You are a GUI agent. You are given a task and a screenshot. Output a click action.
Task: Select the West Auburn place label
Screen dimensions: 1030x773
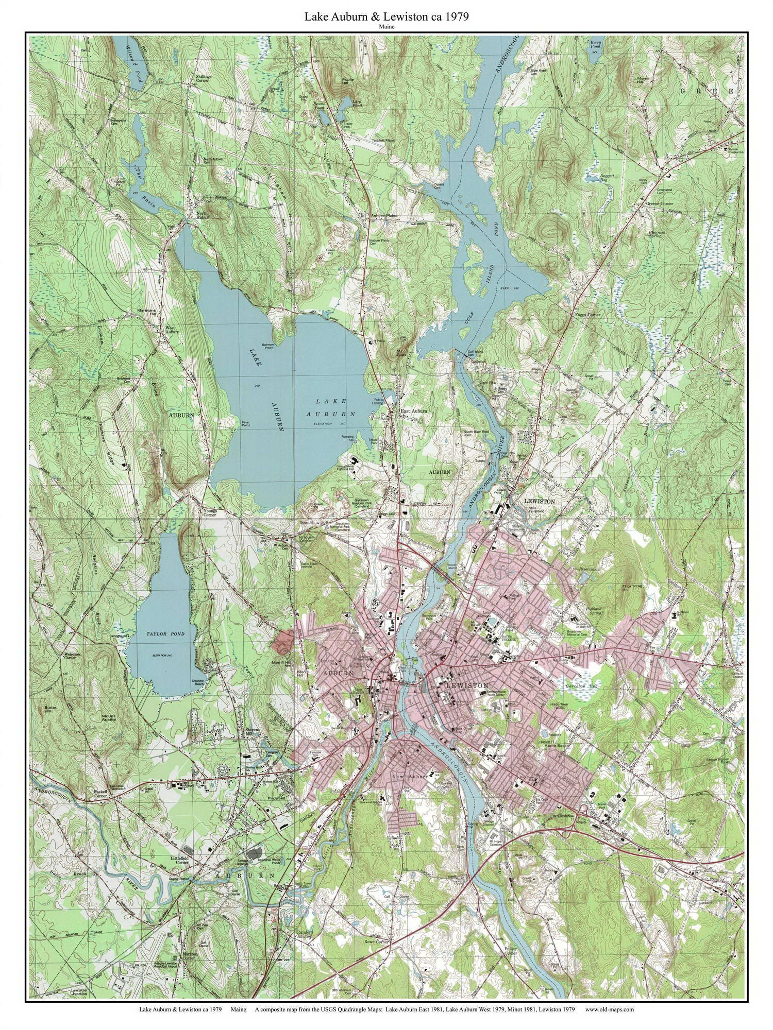pyautogui.click(x=172, y=330)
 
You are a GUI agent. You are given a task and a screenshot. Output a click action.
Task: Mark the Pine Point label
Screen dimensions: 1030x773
pyautogui.click(x=246, y=423)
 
